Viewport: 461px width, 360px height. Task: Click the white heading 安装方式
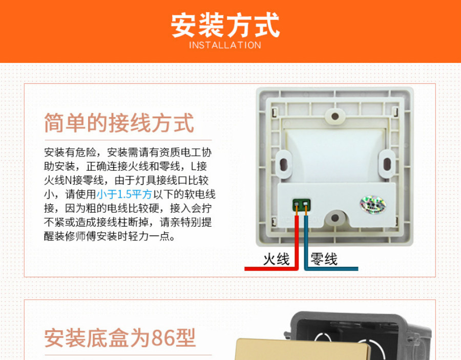(x=225, y=25)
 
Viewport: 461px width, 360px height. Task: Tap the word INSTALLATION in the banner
(x=225, y=45)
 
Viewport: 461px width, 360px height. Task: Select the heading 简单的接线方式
(x=119, y=123)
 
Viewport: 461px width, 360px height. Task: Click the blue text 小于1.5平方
(x=124, y=194)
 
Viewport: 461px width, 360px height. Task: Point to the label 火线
(x=277, y=259)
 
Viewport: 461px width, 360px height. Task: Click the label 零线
(x=324, y=259)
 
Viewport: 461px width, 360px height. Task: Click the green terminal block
(x=302, y=205)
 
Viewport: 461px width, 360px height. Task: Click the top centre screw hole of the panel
(x=335, y=116)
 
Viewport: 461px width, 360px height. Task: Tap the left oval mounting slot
(x=283, y=164)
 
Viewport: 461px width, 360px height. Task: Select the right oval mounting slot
(x=387, y=164)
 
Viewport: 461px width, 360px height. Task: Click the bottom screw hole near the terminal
(x=335, y=218)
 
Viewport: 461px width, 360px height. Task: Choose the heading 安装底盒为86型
(x=120, y=338)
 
